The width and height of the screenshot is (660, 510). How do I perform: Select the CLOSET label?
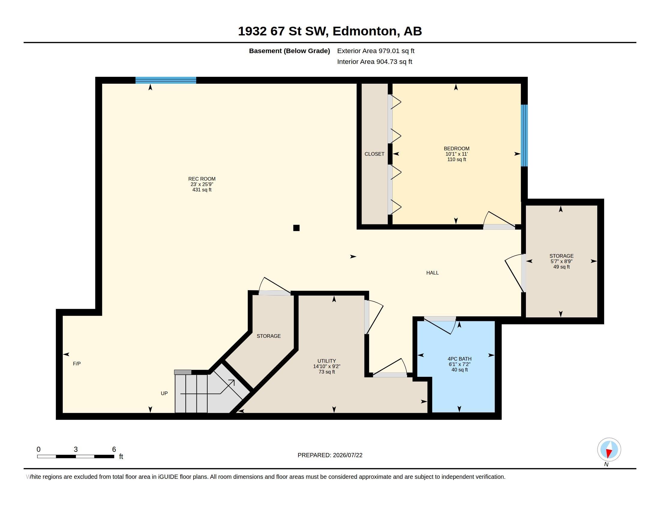pos(374,154)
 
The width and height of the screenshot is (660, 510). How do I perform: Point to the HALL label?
pos(432,273)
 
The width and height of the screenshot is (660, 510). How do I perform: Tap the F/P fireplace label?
pos(77,364)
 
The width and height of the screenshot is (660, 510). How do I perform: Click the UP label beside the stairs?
pos(164,393)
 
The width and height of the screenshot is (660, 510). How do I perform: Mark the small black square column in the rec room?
pos(296,228)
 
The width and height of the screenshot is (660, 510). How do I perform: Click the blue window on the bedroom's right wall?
pos(524,136)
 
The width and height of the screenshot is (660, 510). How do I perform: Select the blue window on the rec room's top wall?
pos(166,80)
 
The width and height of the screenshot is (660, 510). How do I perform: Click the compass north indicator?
pos(609,449)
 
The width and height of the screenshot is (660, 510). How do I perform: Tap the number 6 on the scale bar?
pos(114,449)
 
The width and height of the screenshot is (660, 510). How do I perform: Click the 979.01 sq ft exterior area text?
pos(396,51)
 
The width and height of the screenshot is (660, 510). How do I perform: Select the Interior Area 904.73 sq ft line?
pos(374,62)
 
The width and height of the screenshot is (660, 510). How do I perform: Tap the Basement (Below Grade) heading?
pos(289,51)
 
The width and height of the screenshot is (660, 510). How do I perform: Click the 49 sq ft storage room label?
pos(562,267)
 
